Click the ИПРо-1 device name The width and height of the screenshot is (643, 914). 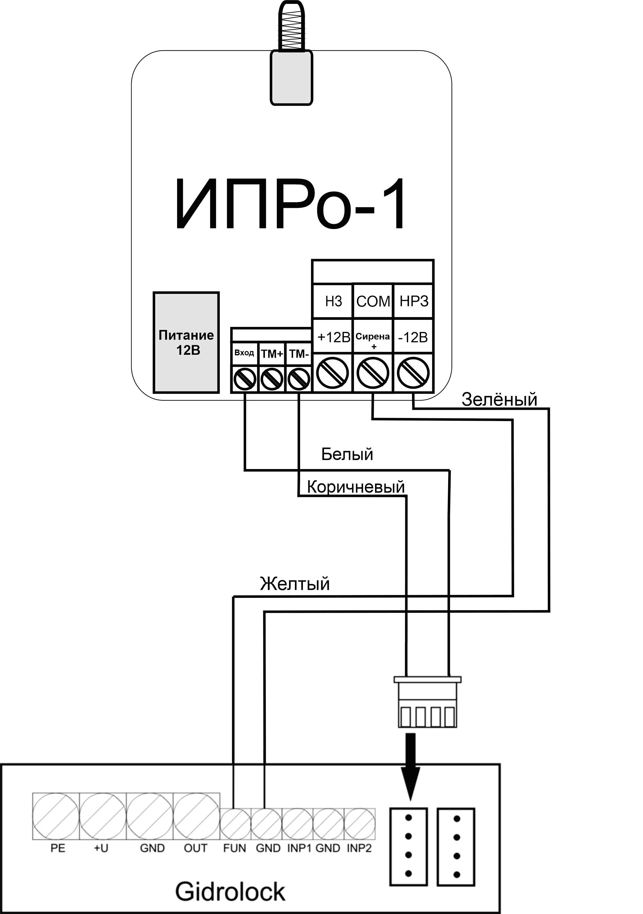click(290, 204)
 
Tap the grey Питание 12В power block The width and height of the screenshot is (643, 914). click(186, 342)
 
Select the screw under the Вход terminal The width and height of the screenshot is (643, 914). click(244, 379)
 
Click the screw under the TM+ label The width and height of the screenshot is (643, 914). click(272, 379)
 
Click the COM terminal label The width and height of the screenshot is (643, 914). click(373, 301)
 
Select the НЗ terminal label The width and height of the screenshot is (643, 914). click(333, 301)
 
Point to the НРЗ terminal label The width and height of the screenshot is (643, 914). click(414, 301)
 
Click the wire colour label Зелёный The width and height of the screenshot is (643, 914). click(499, 400)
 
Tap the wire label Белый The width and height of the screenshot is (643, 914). click(347, 454)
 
